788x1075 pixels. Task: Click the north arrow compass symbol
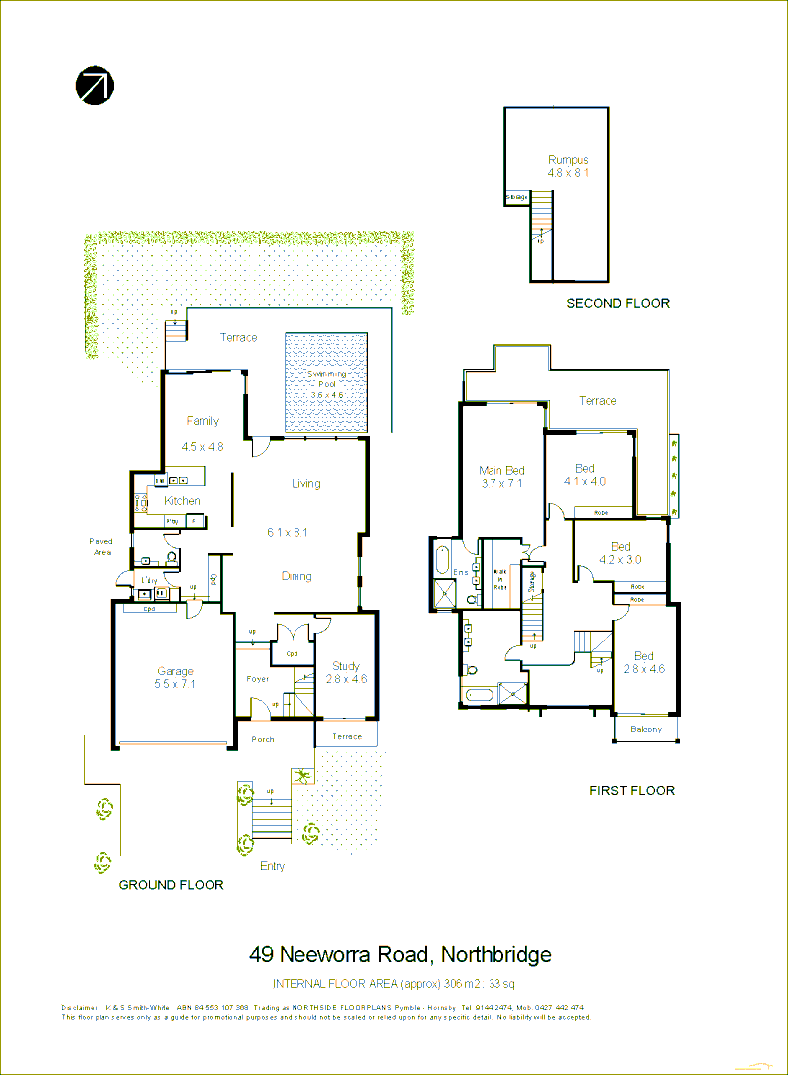(96, 86)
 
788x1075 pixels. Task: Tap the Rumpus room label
(568, 159)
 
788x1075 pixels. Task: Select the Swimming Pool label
(327, 381)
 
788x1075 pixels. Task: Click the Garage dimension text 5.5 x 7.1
(175, 685)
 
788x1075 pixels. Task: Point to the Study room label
(346, 666)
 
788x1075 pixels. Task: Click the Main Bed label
(501, 471)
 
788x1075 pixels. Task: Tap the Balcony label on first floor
(646, 730)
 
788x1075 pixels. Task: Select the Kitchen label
(182, 501)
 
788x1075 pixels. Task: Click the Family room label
(202, 421)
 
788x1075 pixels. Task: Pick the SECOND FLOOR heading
(618, 303)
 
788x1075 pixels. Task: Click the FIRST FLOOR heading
(632, 790)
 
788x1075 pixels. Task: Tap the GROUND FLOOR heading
(171, 884)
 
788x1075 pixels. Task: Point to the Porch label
(263, 739)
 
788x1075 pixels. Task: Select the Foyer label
(258, 679)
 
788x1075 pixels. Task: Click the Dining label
(296, 576)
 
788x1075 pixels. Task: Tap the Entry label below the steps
(272, 866)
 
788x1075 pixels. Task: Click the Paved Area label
(101, 546)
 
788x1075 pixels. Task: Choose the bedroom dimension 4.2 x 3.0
(621, 560)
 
